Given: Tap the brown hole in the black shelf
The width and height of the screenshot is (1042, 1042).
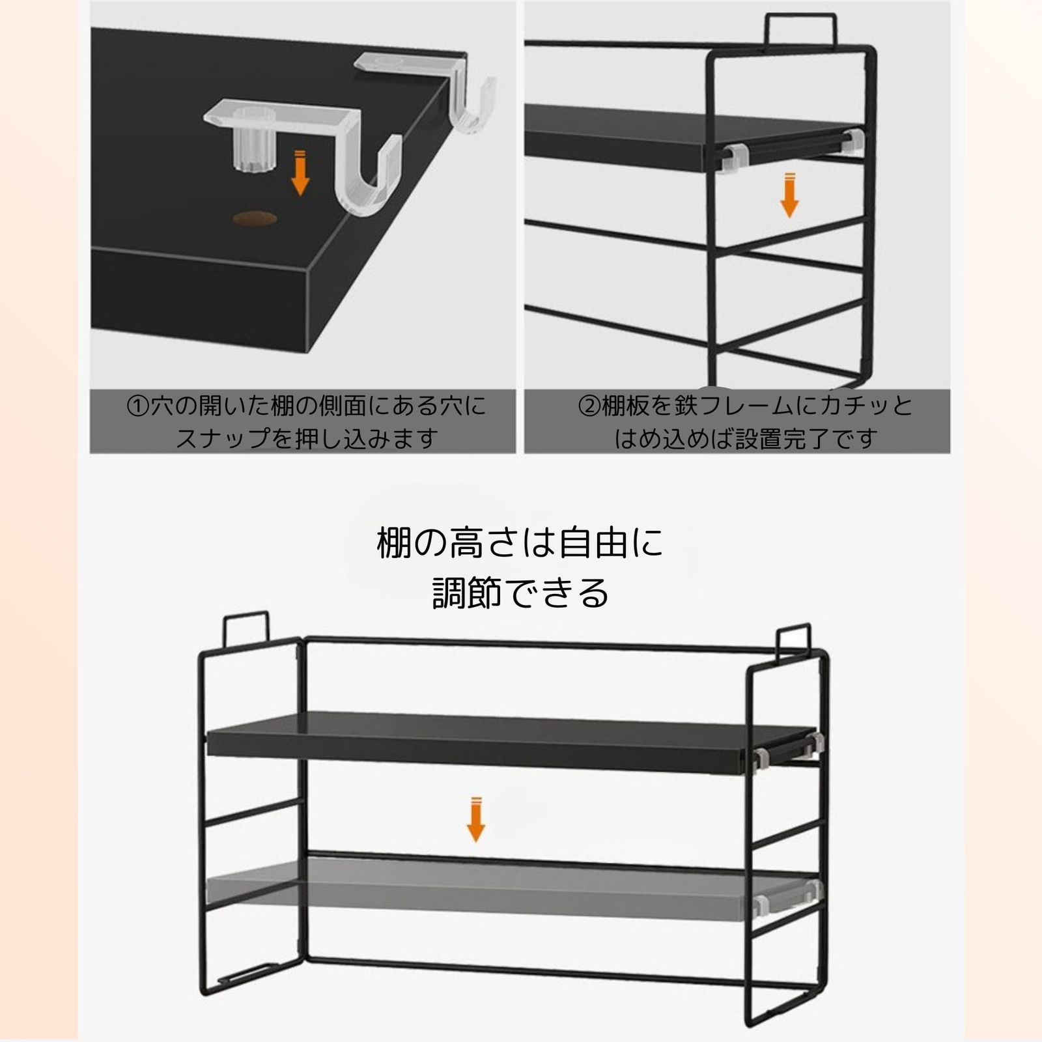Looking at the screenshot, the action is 254,218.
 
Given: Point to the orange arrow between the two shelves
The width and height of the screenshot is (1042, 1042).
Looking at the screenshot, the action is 476,819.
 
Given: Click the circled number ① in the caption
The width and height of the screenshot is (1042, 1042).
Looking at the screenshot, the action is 138,407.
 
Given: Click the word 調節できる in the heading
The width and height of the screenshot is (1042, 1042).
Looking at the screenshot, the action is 520,593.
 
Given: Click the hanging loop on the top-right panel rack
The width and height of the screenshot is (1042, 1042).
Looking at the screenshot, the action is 800,29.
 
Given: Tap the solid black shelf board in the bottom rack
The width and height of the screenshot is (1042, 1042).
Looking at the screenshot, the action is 511,742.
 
